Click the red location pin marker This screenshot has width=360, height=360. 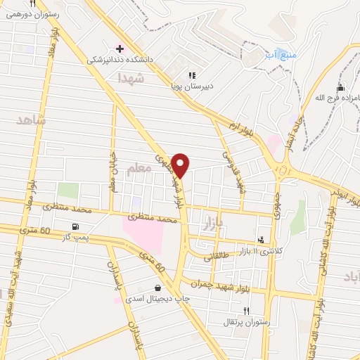pos(181,165)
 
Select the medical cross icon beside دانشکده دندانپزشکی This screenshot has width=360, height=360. pos(120,49)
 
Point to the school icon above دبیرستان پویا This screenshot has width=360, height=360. pos(192,75)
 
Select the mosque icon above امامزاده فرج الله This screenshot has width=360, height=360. pos(340,88)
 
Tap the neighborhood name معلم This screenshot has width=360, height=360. pos(139,169)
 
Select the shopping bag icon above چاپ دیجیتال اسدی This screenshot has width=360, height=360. pos(157,287)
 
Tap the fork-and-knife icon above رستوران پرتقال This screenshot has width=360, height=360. pos(246,310)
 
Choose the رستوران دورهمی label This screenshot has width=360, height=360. pos(33,13)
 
